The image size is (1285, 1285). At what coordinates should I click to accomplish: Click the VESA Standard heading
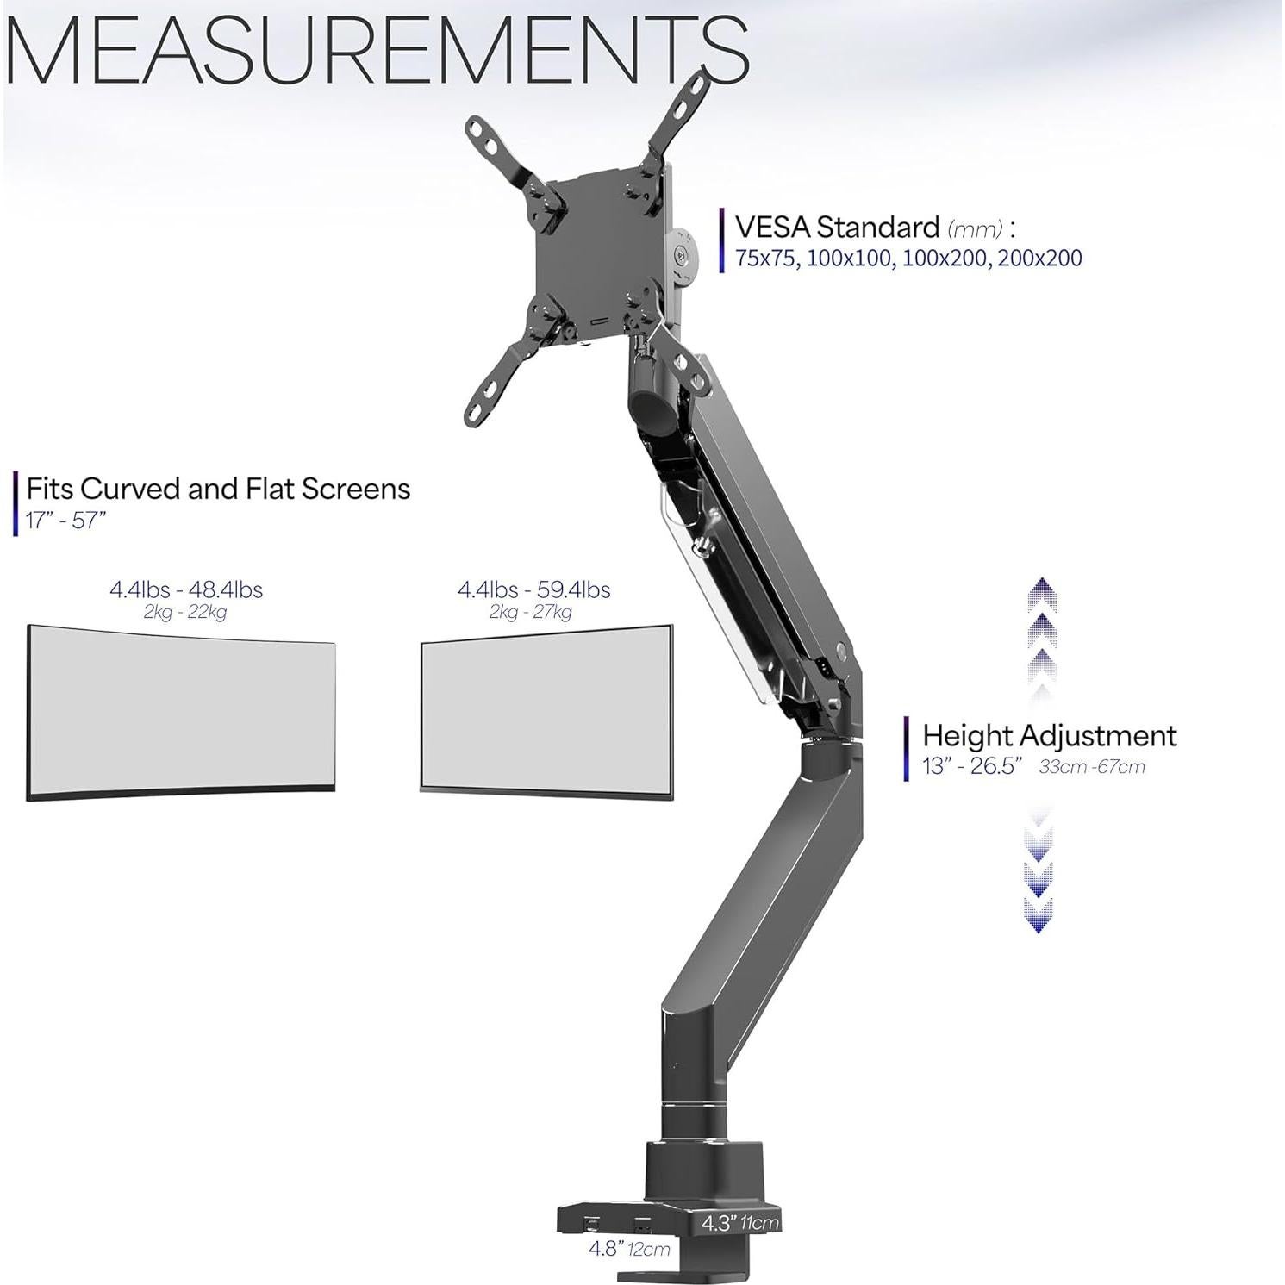tap(836, 228)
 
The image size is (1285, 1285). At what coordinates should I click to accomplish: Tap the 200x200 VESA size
tap(1039, 259)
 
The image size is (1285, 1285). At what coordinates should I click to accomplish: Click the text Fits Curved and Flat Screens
tap(218, 489)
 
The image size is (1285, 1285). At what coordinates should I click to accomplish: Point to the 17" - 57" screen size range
tap(65, 521)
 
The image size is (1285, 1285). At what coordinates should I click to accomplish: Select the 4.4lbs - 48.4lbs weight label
tap(185, 589)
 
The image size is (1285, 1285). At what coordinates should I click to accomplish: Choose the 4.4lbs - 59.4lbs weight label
tap(533, 589)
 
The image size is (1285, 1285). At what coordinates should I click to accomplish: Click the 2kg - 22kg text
tap(184, 613)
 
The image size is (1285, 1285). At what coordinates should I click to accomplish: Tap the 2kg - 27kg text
tap(530, 613)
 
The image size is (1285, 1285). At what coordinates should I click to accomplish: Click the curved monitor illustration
tap(181, 712)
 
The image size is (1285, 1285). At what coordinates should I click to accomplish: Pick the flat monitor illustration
tap(546, 708)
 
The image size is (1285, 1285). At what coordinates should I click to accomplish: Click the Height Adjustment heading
tap(1049, 736)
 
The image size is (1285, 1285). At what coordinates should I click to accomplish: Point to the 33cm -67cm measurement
tap(1091, 767)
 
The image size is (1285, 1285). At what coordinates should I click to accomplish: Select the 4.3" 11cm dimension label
tap(739, 1222)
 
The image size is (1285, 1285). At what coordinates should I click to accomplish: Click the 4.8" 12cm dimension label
tap(629, 1249)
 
